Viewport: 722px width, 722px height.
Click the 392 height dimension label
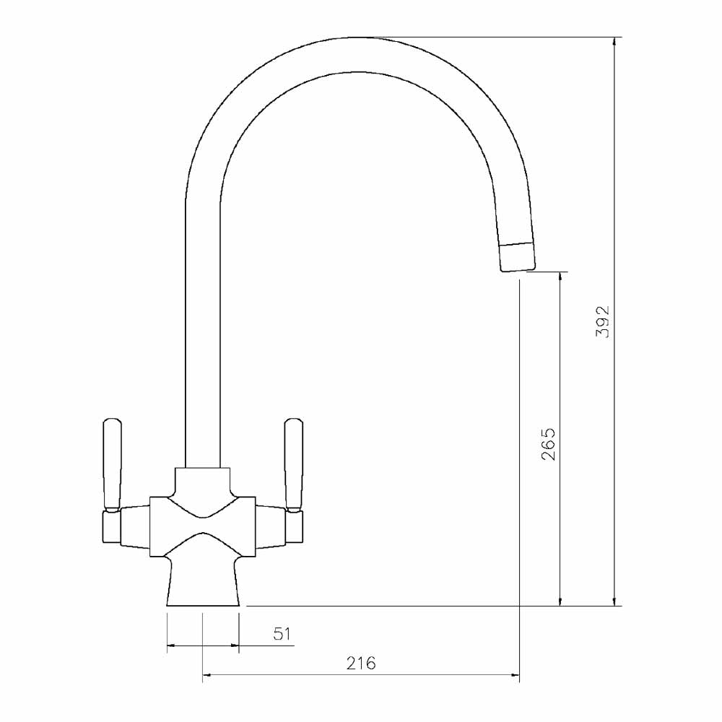pyautogui.click(x=602, y=322)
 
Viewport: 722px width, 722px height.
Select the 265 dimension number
pyautogui.click(x=548, y=444)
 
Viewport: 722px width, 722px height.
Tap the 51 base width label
pyautogui.click(x=282, y=634)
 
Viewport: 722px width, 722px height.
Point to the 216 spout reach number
pyautogui.click(x=361, y=663)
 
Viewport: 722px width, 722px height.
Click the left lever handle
pyautogui.click(x=113, y=465)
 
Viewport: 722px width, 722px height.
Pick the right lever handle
pyautogui.click(x=294, y=465)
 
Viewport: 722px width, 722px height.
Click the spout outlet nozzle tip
pyautogui.click(x=517, y=257)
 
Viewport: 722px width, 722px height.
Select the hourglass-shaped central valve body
pyautogui.click(x=203, y=527)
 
